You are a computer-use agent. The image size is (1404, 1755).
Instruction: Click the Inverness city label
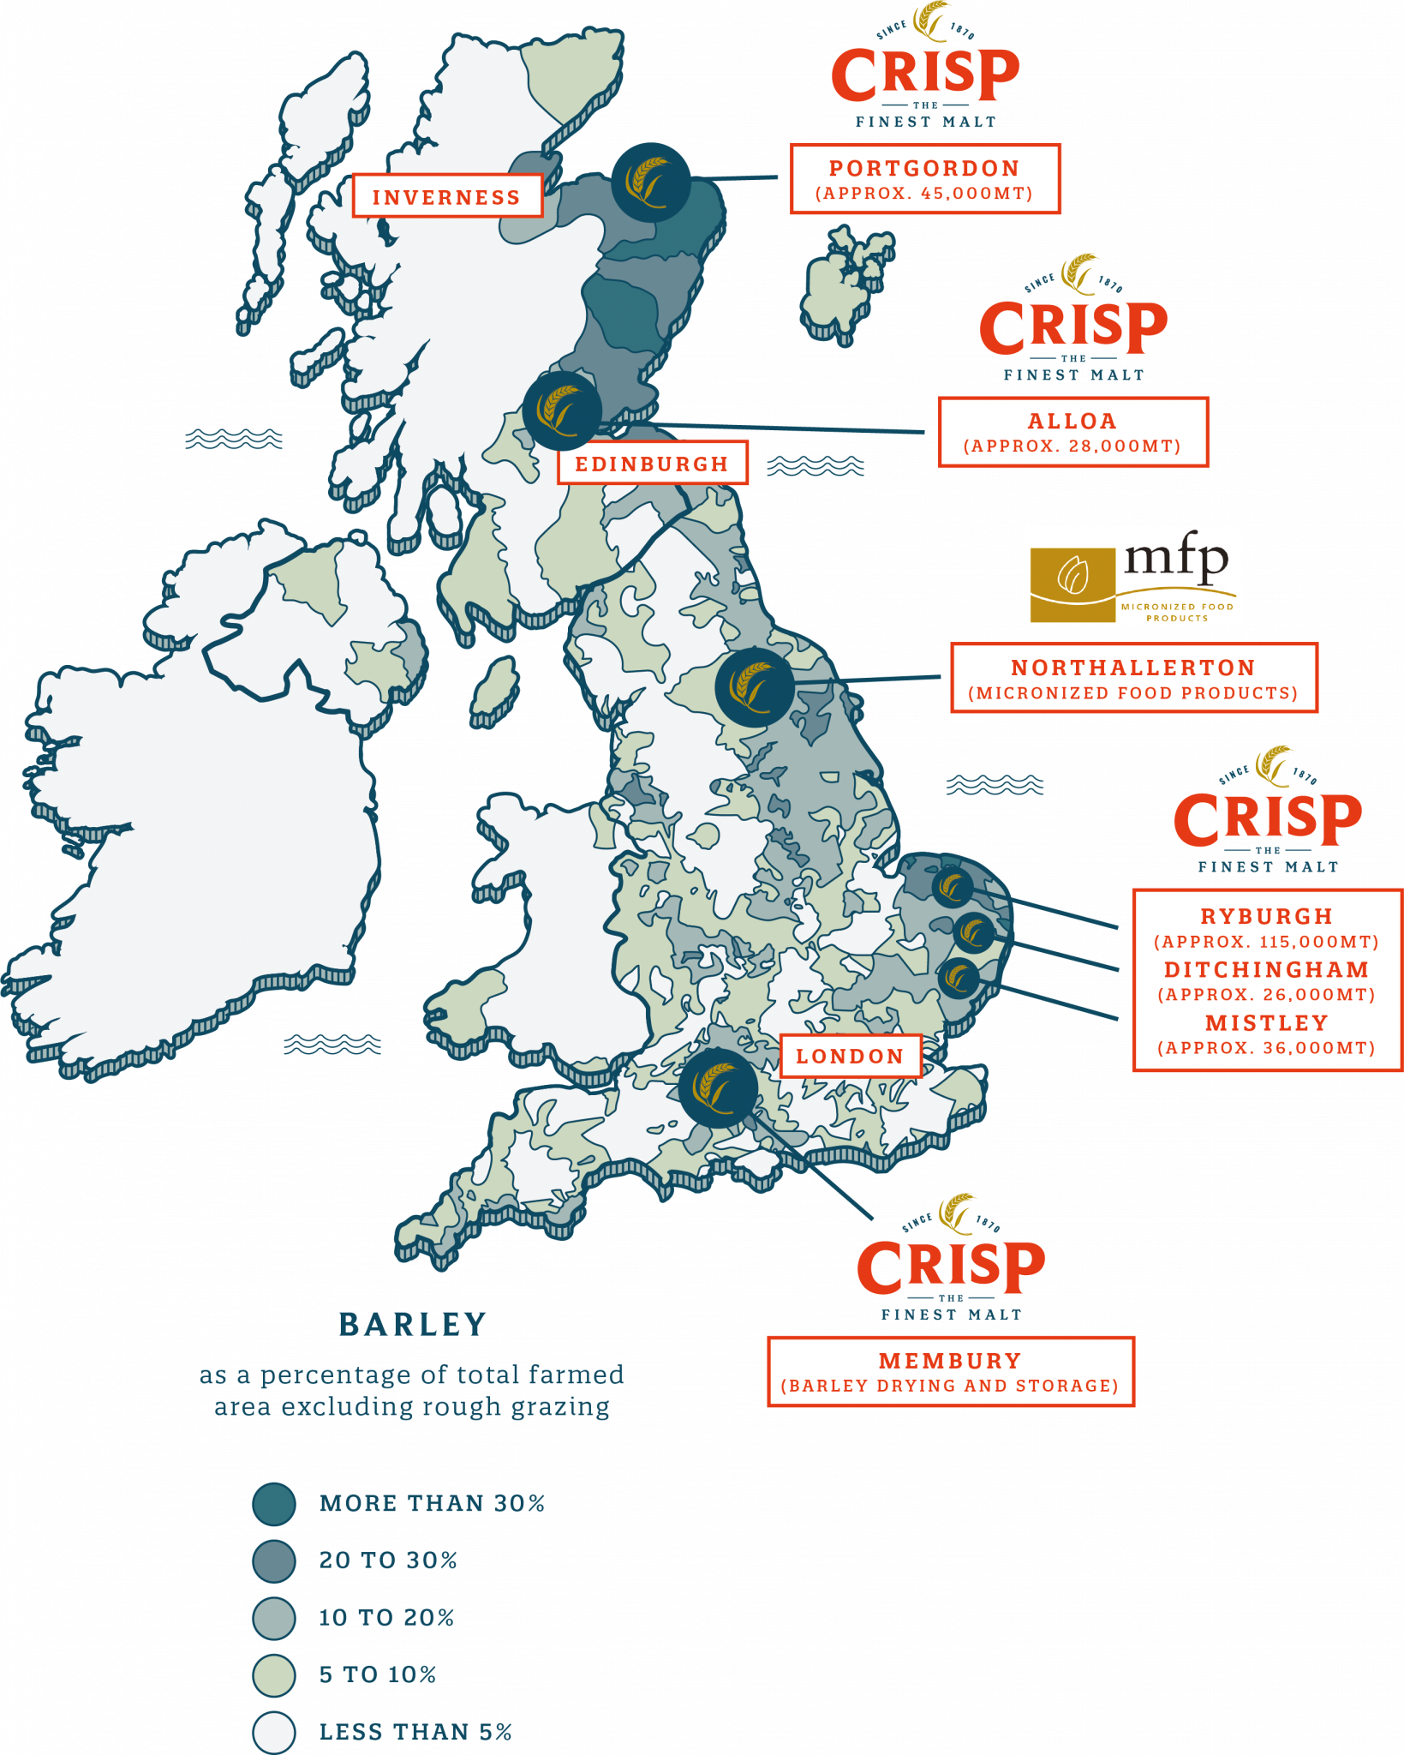click(446, 196)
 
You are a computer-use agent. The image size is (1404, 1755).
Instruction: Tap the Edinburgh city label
click(652, 464)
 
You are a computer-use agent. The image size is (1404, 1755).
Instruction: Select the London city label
click(850, 1056)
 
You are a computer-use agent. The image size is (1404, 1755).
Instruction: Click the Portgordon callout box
click(925, 179)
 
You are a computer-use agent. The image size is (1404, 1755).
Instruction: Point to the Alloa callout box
click(1072, 432)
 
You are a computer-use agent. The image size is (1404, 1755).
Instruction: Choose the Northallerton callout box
click(1133, 678)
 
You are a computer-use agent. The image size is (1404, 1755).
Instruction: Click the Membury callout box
click(951, 1371)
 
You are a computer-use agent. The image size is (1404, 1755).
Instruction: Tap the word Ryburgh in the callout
click(1266, 916)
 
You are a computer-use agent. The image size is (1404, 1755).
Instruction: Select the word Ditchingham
click(1266, 969)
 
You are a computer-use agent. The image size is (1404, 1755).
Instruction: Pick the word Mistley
click(1266, 1022)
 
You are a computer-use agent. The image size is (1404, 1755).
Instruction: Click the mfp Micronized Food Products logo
click(1132, 576)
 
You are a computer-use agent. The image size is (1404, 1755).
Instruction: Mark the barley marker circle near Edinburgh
click(562, 410)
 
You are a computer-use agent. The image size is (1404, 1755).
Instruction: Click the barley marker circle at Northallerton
click(755, 687)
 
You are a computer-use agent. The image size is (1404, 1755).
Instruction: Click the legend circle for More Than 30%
click(274, 1504)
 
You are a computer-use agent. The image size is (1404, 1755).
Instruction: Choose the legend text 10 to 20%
click(386, 1618)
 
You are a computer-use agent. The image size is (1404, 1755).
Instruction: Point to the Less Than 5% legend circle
click(274, 1732)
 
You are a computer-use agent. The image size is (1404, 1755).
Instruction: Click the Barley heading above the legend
click(412, 1325)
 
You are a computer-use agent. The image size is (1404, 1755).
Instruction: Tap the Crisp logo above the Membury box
click(951, 1260)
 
